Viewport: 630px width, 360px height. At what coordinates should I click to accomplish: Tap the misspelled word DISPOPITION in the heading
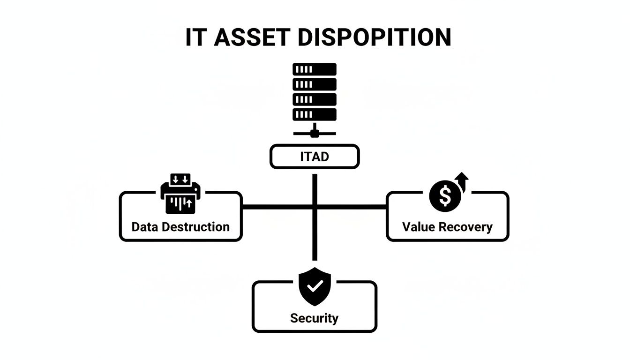point(374,37)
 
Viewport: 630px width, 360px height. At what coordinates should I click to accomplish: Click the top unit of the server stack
point(315,69)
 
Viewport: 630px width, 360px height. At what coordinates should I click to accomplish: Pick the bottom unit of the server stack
point(315,114)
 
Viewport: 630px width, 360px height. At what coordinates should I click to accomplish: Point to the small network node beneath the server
point(315,133)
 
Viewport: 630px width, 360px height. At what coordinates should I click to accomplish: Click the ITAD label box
point(315,157)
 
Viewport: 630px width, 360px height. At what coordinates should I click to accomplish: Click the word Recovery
point(467,227)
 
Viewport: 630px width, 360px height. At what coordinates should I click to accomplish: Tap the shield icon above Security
point(315,286)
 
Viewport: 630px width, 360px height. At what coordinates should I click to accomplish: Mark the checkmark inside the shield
point(315,285)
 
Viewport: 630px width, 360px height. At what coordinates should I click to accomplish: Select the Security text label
point(314,318)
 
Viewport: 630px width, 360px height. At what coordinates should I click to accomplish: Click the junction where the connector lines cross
point(315,206)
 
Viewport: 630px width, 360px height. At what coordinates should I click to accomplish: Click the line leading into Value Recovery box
point(356,206)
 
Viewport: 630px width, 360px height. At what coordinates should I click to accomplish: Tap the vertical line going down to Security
point(315,239)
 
